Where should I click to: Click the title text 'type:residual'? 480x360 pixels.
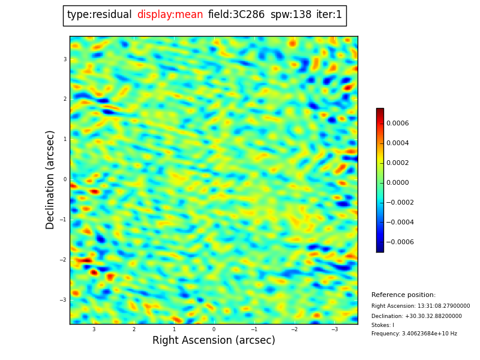99,15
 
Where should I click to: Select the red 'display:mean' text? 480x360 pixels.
170,15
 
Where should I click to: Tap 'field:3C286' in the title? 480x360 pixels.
236,15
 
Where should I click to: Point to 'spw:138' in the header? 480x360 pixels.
291,15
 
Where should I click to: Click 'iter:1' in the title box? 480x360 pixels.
329,15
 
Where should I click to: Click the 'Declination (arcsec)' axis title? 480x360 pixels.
50,179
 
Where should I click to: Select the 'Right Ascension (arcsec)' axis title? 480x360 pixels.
214,341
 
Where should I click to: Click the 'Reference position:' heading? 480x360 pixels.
403,295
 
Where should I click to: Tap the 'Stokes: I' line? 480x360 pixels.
383,325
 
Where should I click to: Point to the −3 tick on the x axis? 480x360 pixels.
335,329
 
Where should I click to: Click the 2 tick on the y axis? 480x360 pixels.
65,99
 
